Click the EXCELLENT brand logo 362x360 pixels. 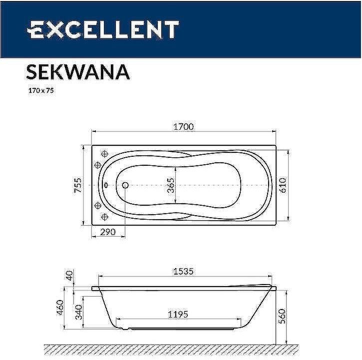coord(102,30)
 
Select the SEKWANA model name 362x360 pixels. coord(78,71)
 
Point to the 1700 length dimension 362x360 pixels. coord(183,127)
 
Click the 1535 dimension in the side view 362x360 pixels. coord(183,272)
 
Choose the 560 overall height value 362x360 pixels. coord(283,316)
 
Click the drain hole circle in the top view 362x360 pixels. coord(125,185)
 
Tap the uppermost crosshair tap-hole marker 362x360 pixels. coord(105,154)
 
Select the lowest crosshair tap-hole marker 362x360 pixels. coord(105,216)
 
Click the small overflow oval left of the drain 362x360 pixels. coord(106,185)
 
